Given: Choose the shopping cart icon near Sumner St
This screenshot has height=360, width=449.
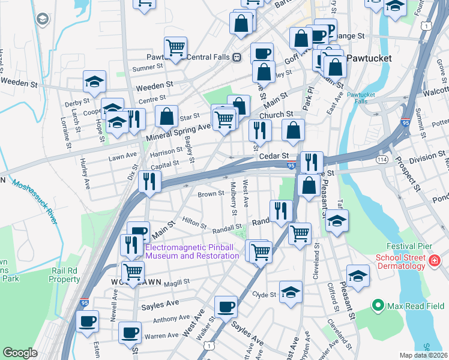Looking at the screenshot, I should (x=175, y=47).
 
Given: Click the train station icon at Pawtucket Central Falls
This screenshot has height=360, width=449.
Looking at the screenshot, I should (x=238, y=58).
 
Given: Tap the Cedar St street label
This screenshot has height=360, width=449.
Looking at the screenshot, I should (x=272, y=155).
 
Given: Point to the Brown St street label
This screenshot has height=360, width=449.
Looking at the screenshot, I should (x=211, y=194).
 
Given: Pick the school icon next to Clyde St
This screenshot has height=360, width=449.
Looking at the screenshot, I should (x=291, y=292).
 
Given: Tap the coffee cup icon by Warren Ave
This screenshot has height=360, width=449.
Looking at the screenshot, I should (x=130, y=332).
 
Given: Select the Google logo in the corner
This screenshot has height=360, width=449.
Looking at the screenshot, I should (x=20, y=353).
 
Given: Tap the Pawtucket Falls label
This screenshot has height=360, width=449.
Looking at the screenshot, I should (x=360, y=98).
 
